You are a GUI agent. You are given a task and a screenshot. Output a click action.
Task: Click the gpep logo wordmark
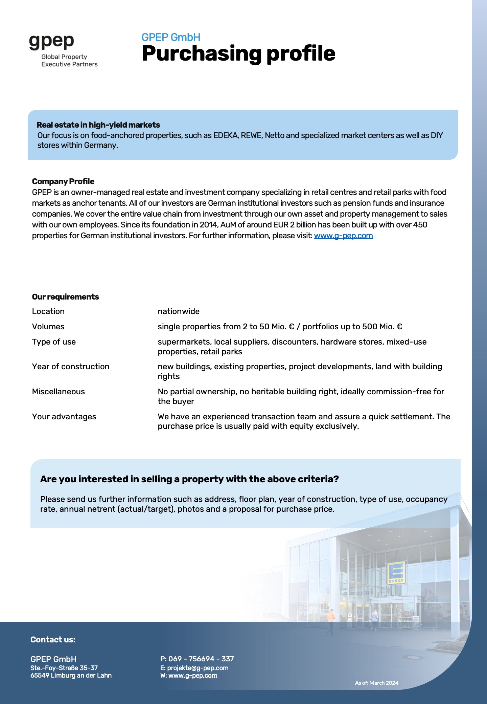click(x=51, y=42)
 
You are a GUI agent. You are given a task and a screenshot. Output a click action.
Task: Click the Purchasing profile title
click(x=238, y=53)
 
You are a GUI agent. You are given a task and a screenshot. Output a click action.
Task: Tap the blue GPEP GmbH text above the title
click(x=171, y=37)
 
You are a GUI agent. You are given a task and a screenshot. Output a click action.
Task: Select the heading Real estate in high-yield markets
click(x=98, y=125)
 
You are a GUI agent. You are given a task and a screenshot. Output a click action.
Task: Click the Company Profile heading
click(x=63, y=181)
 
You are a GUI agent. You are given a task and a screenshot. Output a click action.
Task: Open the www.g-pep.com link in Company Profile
click(x=343, y=236)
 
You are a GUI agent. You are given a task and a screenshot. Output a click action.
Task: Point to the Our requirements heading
click(x=65, y=297)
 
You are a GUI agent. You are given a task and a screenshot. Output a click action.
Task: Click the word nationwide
click(x=179, y=311)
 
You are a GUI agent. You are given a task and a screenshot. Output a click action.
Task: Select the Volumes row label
click(x=48, y=327)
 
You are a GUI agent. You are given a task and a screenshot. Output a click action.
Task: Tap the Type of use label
click(x=54, y=342)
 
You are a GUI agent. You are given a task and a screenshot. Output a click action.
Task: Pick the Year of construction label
click(x=71, y=367)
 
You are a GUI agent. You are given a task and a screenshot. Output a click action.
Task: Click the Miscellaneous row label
click(x=58, y=392)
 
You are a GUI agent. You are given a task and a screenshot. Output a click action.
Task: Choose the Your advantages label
click(x=64, y=417)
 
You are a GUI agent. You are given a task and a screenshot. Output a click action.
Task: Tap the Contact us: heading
click(x=53, y=639)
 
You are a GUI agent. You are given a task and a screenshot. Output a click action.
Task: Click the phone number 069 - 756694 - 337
click(x=201, y=659)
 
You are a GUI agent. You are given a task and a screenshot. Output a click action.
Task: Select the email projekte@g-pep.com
click(x=198, y=668)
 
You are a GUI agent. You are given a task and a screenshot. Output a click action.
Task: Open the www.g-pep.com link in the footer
click(x=193, y=676)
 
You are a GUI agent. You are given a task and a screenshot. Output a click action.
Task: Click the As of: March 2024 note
click(x=376, y=683)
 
